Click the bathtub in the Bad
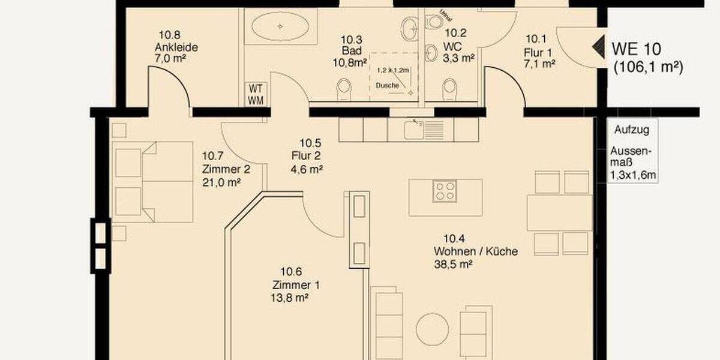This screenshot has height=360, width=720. [x=281, y=27]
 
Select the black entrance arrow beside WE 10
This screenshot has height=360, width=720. [x=599, y=47]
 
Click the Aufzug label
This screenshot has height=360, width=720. [x=627, y=128]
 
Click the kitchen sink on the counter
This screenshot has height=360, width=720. [x=415, y=128]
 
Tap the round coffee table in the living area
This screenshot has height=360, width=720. [x=432, y=329]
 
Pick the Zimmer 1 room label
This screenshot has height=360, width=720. [x=292, y=284]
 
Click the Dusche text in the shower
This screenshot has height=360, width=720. [x=387, y=86]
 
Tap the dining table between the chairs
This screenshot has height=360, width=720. [x=559, y=212]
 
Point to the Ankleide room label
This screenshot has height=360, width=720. [x=176, y=47]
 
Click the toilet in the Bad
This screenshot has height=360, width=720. [x=344, y=89]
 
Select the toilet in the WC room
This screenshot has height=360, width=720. [x=448, y=90]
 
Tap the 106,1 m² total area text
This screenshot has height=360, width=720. [x=649, y=68]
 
